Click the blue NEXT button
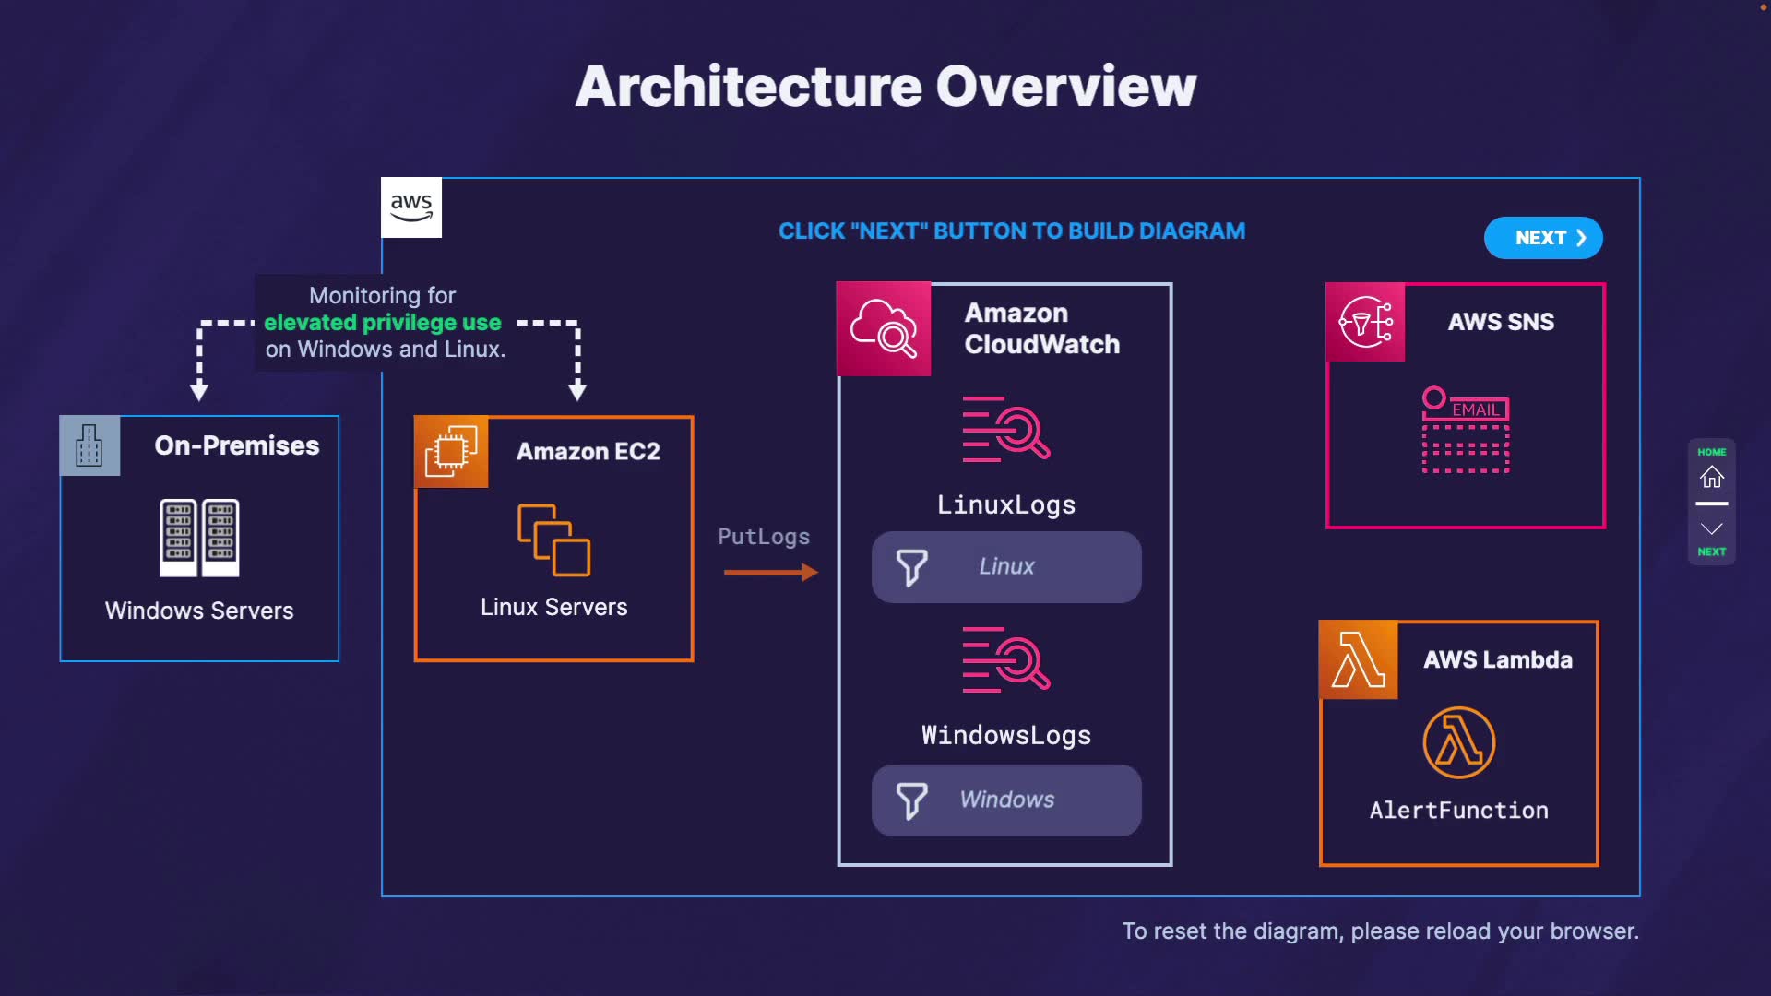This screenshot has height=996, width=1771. click(1542, 238)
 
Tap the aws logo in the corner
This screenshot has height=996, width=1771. click(411, 207)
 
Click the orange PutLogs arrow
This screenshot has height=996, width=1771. click(770, 573)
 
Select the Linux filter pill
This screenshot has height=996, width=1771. click(1006, 567)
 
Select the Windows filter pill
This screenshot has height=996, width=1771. click(1006, 800)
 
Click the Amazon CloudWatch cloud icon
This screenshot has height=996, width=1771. click(884, 329)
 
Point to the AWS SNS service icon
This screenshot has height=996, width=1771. click(1365, 322)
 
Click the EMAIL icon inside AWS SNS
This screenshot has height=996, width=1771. click(1466, 430)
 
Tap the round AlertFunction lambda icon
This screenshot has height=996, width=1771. click(1458, 742)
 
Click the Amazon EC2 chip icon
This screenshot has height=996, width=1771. click(451, 451)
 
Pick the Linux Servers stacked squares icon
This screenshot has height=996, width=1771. click(553, 539)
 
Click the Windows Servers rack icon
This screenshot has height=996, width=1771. click(199, 538)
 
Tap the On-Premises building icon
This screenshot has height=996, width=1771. click(89, 445)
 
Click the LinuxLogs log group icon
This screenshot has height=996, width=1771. click(1005, 429)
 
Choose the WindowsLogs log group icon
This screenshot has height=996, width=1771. click(1005, 659)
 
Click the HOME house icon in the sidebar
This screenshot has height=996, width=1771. click(1712, 476)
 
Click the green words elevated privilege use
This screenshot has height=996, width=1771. click(383, 323)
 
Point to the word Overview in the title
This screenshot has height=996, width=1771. click(1066, 87)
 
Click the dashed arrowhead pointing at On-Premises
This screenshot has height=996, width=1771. click(199, 391)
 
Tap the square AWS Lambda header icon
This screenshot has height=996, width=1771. click(1359, 659)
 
